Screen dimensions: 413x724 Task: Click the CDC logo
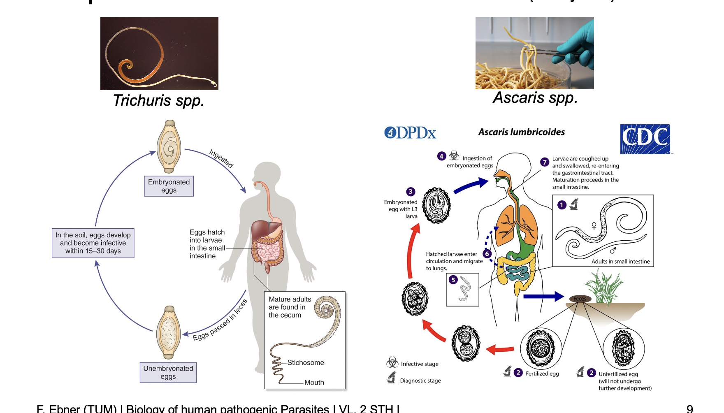tap(645, 139)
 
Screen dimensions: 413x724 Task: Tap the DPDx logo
tap(410, 132)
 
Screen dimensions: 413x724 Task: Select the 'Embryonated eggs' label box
tap(169, 186)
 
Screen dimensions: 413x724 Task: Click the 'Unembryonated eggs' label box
tap(168, 372)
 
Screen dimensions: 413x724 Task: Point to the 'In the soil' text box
tap(93, 243)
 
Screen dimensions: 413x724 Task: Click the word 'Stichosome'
tap(305, 362)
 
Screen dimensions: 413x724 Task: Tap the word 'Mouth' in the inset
tap(314, 382)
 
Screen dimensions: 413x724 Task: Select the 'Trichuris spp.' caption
tap(158, 100)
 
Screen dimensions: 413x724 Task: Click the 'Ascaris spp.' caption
tap(535, 98)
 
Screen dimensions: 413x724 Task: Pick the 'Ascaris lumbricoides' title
tap(521, 132)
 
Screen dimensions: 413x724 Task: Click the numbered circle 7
tap(545, 162)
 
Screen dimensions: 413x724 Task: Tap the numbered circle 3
tap(411, 192)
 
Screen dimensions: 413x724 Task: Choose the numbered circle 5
tap(453, 280)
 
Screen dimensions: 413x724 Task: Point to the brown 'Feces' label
tap(580, 299)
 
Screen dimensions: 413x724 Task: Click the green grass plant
tap(604, 286)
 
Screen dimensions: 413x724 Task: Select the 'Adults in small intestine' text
tap(620, 262)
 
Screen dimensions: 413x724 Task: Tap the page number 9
tap(689, 408)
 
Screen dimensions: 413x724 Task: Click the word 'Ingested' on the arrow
tap(221, 158)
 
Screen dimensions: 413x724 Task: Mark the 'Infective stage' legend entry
tap(419, 364)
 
